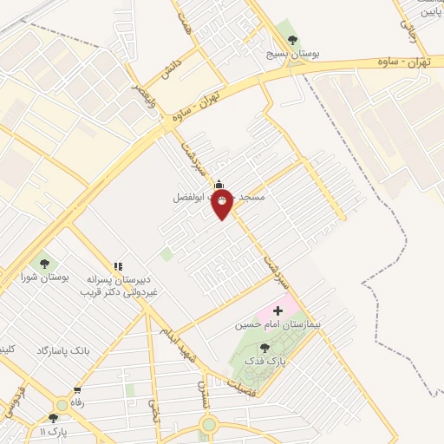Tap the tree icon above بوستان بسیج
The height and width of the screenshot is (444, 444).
[x=291, y=39]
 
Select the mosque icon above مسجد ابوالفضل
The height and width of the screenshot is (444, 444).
[x=219, y=184]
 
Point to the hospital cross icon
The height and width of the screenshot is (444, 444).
[x=277, y=310]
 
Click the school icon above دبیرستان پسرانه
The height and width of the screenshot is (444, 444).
[x=118, y=265]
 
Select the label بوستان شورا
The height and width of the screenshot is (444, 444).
[x=45, y=277]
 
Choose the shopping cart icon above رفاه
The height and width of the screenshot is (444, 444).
[x=77, y=389]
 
